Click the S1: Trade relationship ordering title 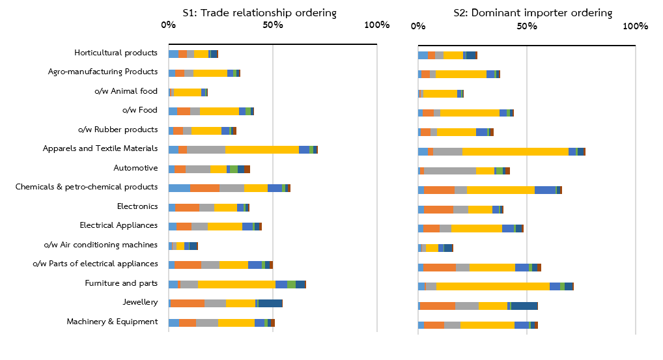pos(259,12)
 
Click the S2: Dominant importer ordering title pos(533,12)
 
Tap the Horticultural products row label pos(115,53)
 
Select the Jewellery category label pos(140,302)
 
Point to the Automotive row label pos(135,168)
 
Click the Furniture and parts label pos(121,283)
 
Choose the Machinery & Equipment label pos(112,322)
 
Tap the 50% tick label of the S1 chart pos(273,25)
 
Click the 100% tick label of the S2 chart pos(636,27)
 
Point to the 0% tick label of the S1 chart pos(168,25)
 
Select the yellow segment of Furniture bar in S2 pos(492,286)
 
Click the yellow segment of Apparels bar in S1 pos(262,150)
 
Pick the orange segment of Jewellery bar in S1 pos(188,303)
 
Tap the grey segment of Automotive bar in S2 pos(450,171)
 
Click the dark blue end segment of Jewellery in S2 pos(524,306)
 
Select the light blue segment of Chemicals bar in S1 pos(179,188)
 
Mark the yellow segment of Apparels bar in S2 pos(515,152)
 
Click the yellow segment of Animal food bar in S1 pos(188,92)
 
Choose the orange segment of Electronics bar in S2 pos(438,210)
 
